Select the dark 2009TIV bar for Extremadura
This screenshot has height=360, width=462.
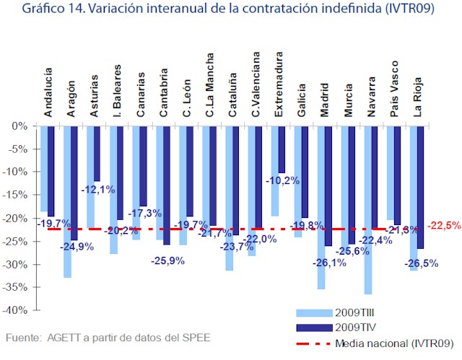click(x=282, y=149)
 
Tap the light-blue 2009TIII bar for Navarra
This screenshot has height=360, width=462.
click(x=367, y=209)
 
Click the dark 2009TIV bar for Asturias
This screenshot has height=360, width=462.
click(x=97, y=153)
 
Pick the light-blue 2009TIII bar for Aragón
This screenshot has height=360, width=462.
click(x=67, y=201)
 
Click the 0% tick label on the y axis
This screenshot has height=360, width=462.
click(x=20, y=126)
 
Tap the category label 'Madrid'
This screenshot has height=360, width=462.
click(x=325, y=100)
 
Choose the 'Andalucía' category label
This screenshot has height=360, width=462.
click(x=48, y=92)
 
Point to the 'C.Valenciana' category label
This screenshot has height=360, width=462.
click(x=256, y=84)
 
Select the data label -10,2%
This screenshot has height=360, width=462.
click(x=282, y=180)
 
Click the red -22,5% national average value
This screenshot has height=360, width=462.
click(x=444, y=225)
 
